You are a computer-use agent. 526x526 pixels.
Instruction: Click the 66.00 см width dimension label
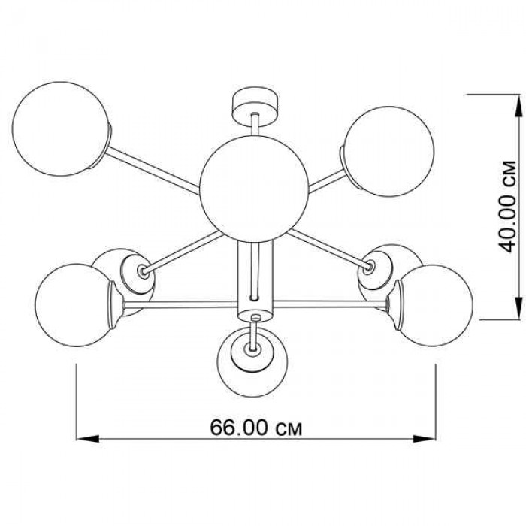coord(256,428)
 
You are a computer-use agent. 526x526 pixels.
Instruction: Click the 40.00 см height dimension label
coord(507,207)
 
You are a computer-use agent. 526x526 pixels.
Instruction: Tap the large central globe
coord(254,189)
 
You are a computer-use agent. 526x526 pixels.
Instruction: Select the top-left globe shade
coord(61,129)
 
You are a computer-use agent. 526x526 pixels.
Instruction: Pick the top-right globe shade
coord(389,152)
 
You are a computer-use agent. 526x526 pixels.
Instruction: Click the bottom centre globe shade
coord(252,363)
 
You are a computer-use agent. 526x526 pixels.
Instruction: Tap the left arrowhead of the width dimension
coord(88,438)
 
